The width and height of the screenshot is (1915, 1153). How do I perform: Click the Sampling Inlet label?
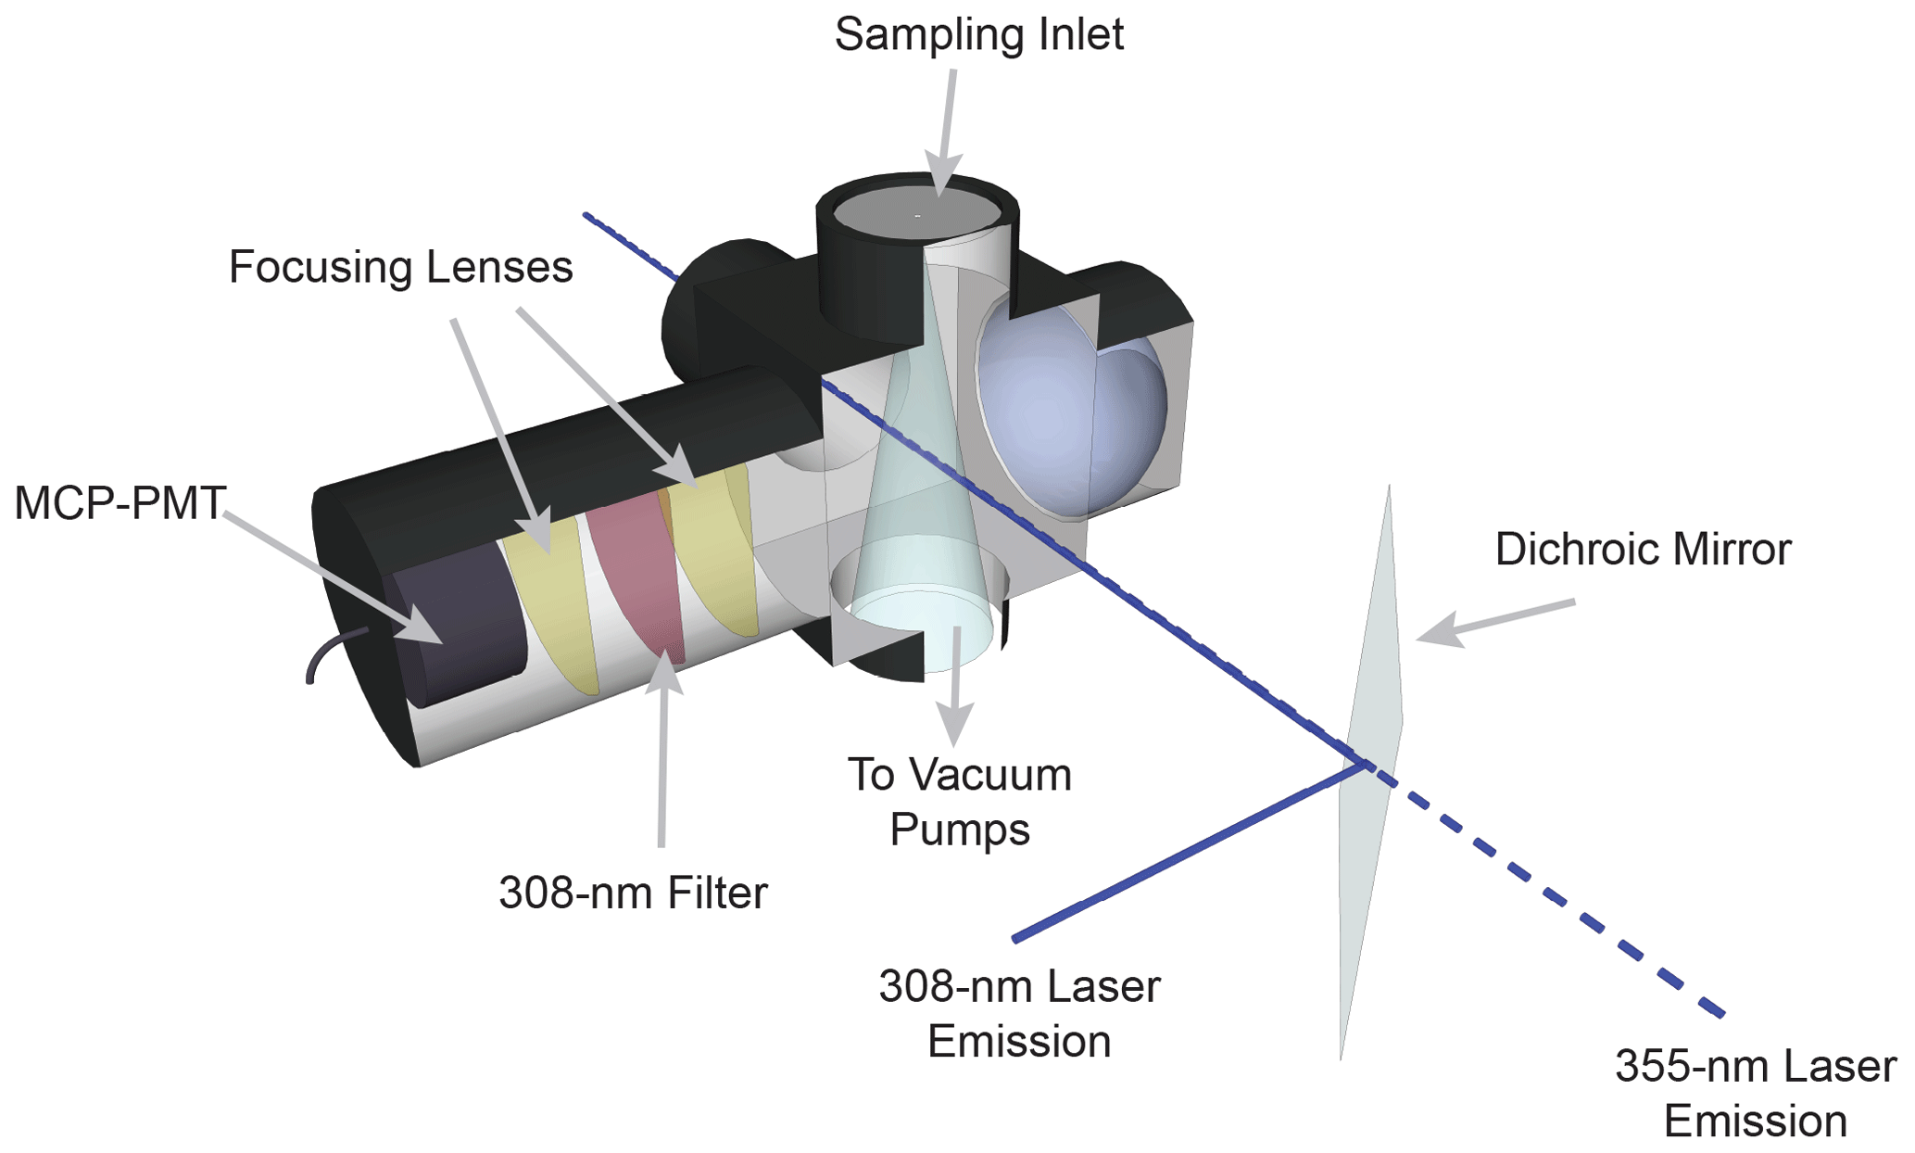tap(978, 35)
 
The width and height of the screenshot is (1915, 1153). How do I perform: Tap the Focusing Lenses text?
tap(400, 268)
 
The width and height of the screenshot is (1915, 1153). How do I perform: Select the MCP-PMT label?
tap(120, 503)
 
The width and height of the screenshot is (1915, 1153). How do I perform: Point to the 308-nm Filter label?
tap(633, 893)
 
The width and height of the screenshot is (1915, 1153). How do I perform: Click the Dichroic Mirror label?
tap(1643, 550)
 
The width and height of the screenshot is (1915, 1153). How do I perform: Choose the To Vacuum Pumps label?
tap(960, 802)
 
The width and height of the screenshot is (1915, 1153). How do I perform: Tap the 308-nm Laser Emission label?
tap(1018, 1013)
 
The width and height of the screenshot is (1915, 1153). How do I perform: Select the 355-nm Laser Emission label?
tap(1755, 1093)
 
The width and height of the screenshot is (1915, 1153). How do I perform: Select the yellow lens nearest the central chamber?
tap(718, 556)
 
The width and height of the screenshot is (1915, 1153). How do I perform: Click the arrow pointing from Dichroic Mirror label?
tap(1492, 621)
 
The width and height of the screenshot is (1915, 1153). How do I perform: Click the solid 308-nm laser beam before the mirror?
tap(1186, 853)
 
